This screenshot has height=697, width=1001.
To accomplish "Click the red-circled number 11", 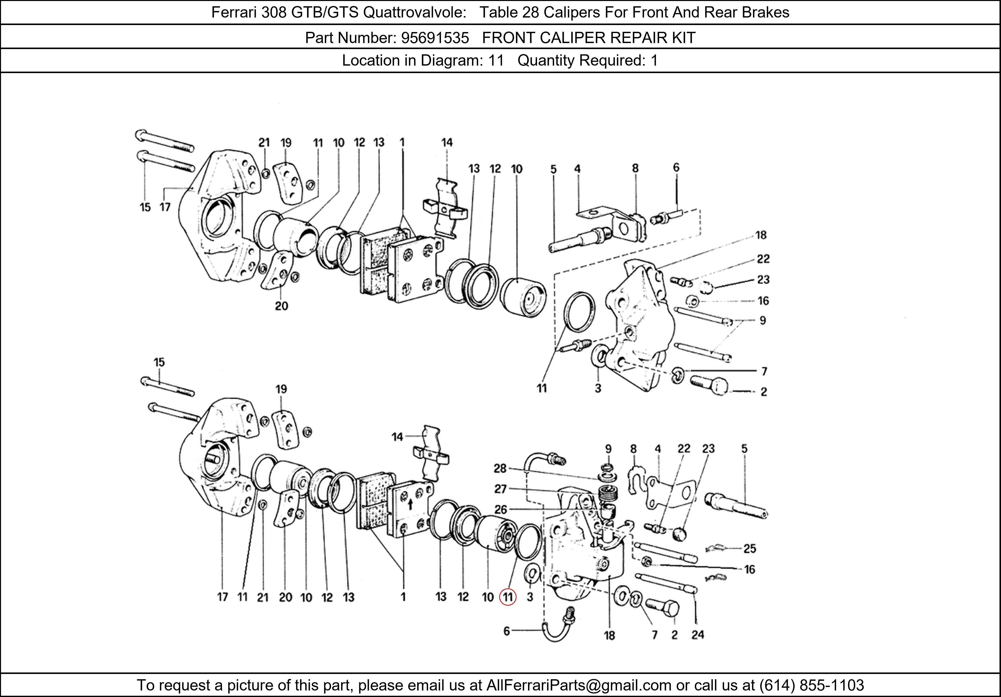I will pos(508,597).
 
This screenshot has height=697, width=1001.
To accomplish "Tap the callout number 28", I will pos(500,468).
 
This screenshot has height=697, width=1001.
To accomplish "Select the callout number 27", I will pos(500,489).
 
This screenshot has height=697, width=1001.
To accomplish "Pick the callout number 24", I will pos(697,635).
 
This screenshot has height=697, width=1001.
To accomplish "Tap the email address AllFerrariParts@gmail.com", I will pos(579,685).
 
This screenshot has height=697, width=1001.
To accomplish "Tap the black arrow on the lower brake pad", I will pos(410,505).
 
